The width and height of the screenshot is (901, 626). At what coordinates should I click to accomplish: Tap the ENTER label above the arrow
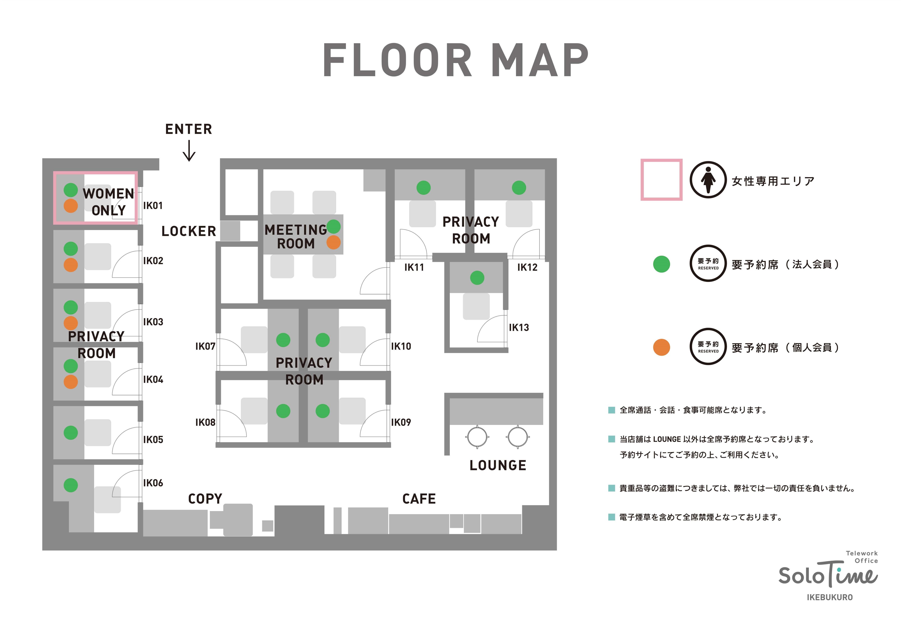pos(189,129)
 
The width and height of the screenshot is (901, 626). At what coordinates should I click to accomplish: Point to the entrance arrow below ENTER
pos(189,151)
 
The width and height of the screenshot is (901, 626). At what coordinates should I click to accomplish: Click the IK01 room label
pos(153,206)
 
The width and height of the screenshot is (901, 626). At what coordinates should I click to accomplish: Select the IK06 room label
pos(153,483)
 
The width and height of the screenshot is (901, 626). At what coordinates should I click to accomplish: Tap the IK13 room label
pos(519,328)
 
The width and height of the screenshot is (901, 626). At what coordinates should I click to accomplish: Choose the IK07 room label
pos(205,346)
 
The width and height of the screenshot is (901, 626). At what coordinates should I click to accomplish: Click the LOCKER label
pos(189,232)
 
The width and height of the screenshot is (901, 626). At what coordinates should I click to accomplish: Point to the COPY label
pos(205,499)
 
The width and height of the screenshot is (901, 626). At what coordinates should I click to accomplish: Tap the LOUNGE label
pos(498,465)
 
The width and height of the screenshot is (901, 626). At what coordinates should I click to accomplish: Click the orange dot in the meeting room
pos(334,242)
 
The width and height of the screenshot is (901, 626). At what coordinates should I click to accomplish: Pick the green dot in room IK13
pos(477,278)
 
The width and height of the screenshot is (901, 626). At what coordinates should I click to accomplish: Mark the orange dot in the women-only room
pos(71,206)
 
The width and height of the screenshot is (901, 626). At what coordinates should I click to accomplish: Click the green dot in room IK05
pos(71,433)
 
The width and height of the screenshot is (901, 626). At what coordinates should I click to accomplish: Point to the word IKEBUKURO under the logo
pos(830,597)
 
